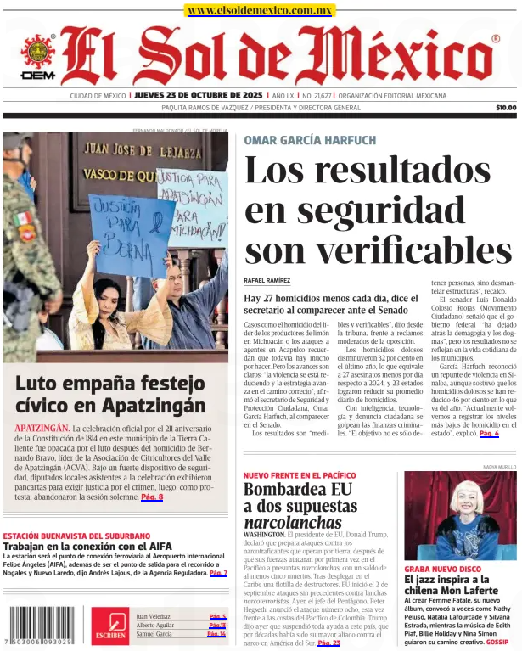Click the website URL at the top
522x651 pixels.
tap(260, 10)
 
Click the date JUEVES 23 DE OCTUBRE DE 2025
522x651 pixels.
tap(199, 96)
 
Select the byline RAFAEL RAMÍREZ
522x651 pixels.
tap(267, 280)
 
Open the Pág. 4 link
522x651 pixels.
tap(489, 433)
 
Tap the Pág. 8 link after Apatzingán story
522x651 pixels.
tap(152, 497)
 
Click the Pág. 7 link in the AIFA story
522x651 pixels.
tap(218, 573)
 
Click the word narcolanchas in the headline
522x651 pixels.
tap(293, 522)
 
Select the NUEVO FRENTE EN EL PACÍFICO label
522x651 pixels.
tap(300, 475)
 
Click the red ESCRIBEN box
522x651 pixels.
tap(111, 626)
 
